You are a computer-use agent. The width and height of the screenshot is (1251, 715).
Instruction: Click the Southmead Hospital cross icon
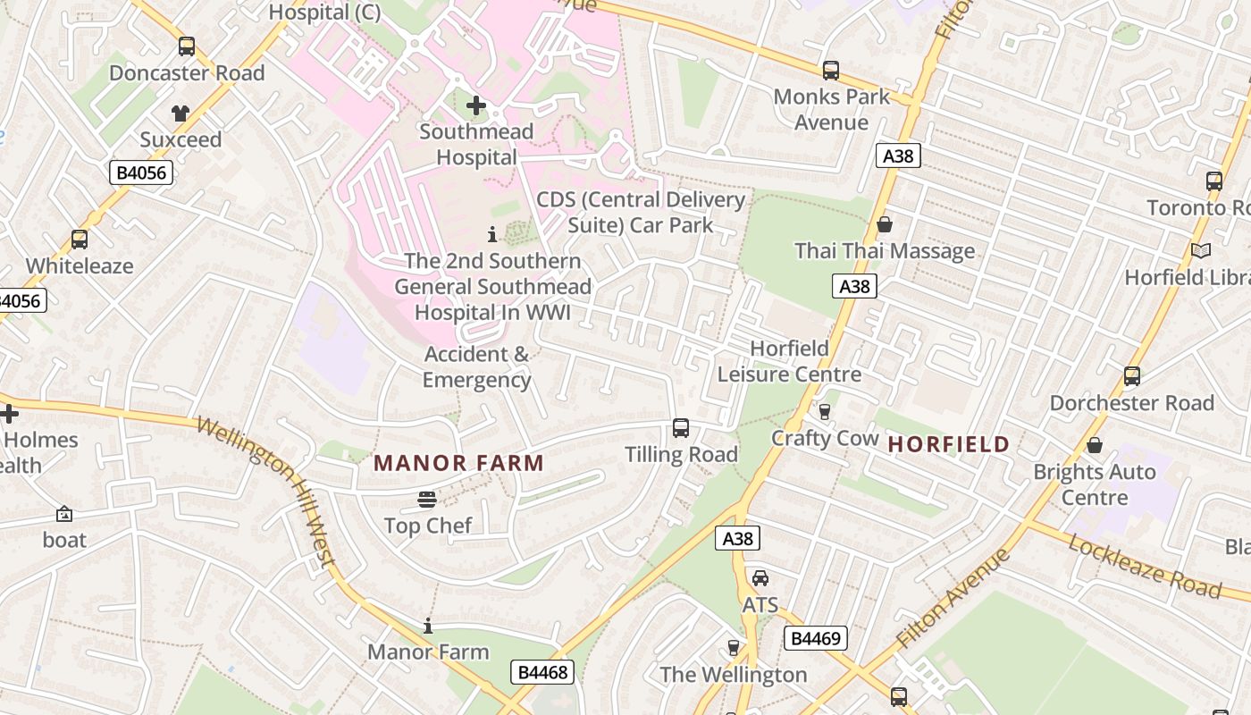476,106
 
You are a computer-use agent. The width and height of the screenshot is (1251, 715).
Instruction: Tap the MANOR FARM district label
458,463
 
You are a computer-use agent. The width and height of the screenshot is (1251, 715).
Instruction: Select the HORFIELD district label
948,444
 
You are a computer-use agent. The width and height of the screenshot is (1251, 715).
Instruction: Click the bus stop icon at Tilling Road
681,428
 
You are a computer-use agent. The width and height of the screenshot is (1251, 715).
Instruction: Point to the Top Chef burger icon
427,499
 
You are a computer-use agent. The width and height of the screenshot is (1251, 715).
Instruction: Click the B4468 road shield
542,672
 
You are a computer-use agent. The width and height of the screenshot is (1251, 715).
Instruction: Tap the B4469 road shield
815,638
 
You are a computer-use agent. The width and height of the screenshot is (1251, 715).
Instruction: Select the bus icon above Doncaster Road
187,46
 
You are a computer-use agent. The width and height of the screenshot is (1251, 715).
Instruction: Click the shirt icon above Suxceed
181,114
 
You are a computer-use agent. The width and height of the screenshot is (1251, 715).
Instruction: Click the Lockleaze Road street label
1144,567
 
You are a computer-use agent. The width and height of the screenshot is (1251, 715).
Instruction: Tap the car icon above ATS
760,578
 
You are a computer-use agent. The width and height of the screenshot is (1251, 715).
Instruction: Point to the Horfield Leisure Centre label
789,361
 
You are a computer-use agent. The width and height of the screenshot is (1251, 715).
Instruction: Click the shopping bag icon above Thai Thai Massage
885,224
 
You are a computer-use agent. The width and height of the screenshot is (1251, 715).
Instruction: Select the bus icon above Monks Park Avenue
831,70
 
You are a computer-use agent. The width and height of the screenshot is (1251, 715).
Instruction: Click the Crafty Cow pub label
825,438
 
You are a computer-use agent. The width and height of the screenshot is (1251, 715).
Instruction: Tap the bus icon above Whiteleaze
80,240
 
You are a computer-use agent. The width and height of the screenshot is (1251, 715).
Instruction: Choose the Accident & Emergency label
476,366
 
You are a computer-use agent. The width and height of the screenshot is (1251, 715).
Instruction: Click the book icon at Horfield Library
1201,251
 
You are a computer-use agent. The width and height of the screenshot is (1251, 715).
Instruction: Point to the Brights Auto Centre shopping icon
1095,445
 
